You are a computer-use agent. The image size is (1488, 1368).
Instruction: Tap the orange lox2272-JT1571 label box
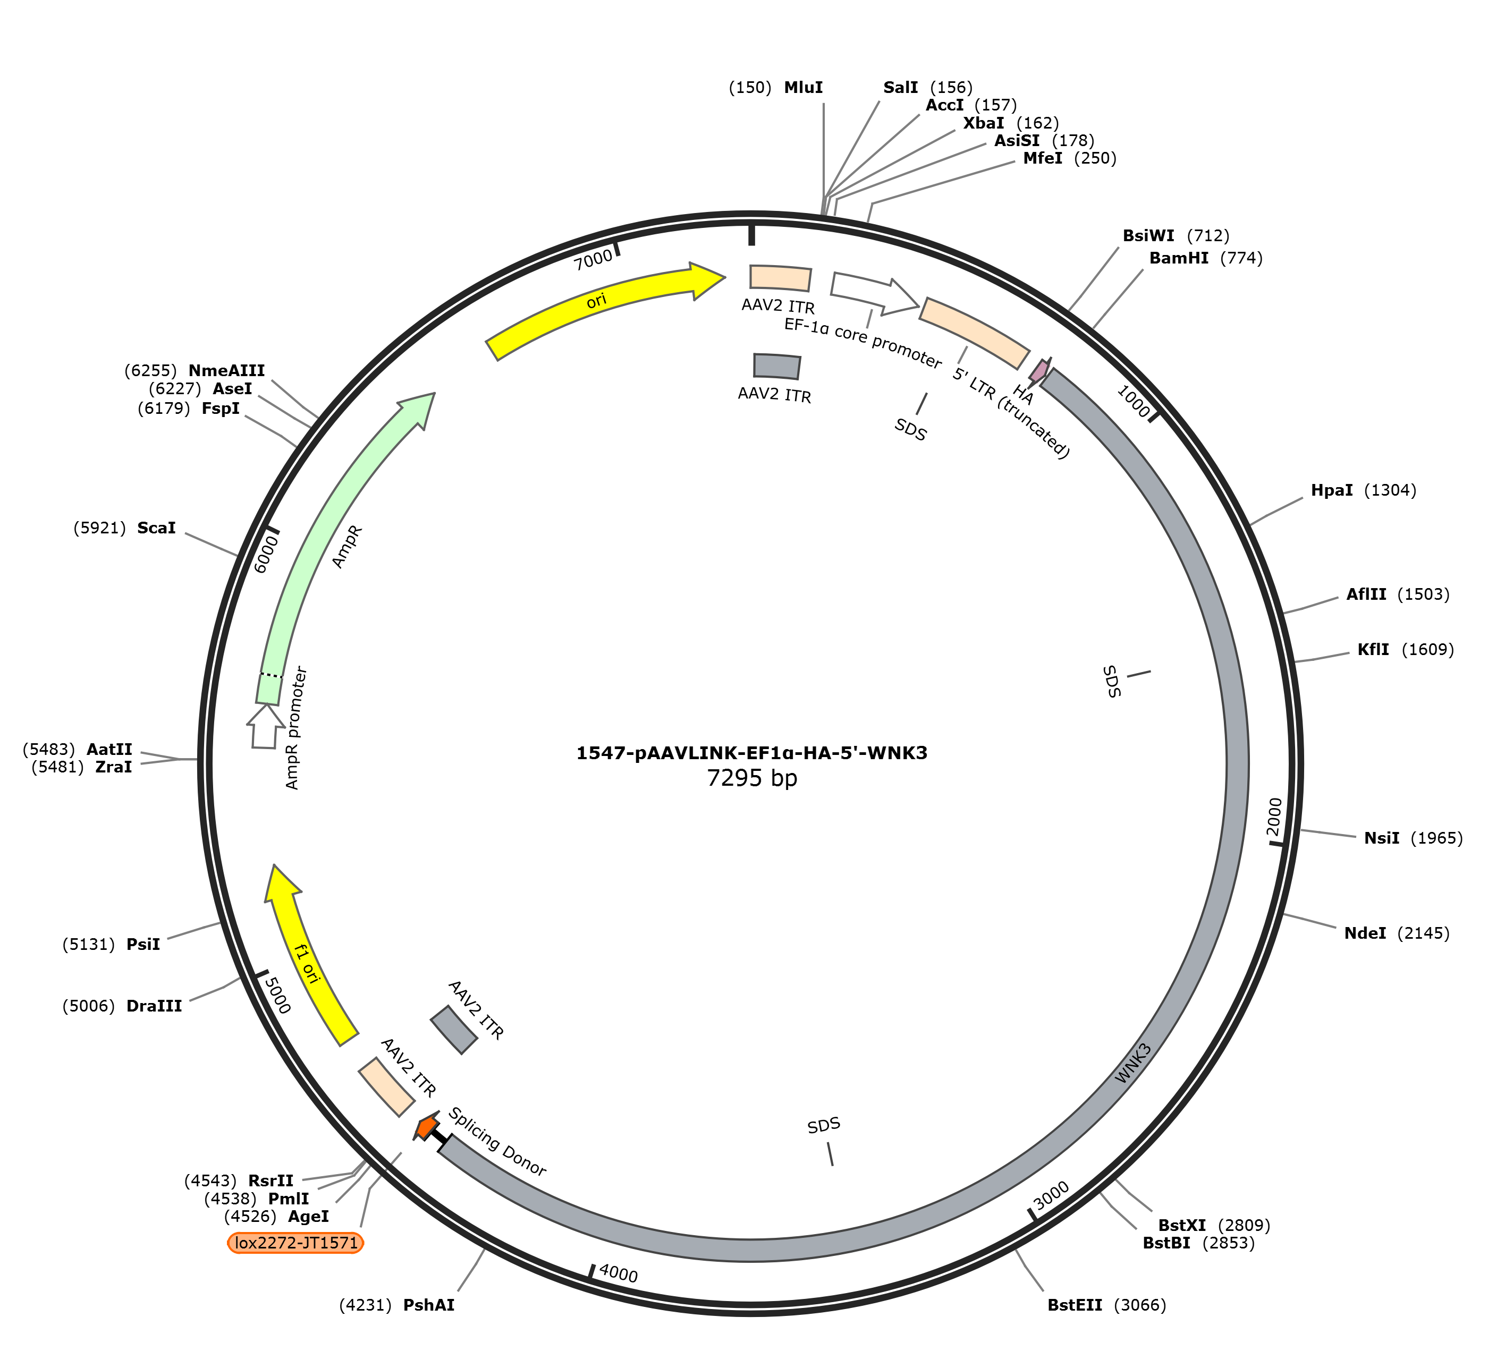(x=296, y=1242)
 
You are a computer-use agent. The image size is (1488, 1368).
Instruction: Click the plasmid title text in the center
(x=751, y=753)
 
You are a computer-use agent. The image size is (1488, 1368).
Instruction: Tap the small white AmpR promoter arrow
(x=264, y=726)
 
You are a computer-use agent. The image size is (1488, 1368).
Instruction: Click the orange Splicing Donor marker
(x=426, y=1127)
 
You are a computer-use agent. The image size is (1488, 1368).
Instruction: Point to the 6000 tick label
(x=265, y=554)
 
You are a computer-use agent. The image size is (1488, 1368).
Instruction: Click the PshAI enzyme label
(x=429, y=1306)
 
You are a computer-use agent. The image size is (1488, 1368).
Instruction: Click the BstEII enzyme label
(x=1075, y=1306)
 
